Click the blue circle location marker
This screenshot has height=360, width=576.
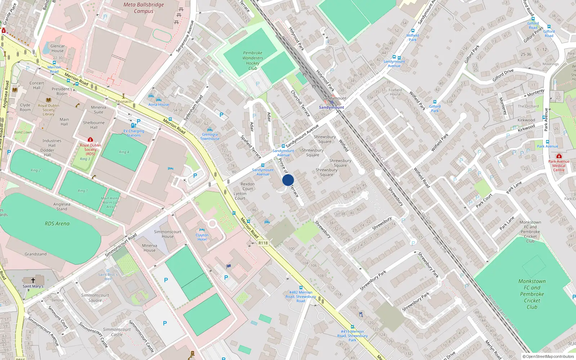coord(288,180)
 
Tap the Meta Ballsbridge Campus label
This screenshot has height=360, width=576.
coord(144,8)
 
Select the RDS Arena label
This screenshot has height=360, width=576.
coord(57,224)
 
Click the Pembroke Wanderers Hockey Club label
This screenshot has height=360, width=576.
coord(253,60)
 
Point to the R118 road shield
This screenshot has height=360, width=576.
coord(263,243)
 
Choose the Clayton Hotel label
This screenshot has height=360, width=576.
coord(202,237)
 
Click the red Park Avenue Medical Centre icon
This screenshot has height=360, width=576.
coord(559,156)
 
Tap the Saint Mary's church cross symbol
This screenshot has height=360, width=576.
coord(33,280)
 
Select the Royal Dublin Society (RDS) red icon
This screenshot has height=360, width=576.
coord(90,139)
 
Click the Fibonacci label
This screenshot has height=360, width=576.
coord(123,102)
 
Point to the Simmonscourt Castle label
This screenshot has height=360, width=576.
coord(117,332)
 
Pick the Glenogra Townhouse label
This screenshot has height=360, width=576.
coord(210,136)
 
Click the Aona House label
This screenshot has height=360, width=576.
coord(158,104)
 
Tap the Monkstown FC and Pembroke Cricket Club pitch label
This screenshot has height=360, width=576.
coord(532,294)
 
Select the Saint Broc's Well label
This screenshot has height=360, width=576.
coord(108,276)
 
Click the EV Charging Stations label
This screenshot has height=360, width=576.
coord(134,133)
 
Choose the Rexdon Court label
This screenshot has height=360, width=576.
coord(248,186)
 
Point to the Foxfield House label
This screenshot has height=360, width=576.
coord(395,92)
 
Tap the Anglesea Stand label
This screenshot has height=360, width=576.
coord(62,206)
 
